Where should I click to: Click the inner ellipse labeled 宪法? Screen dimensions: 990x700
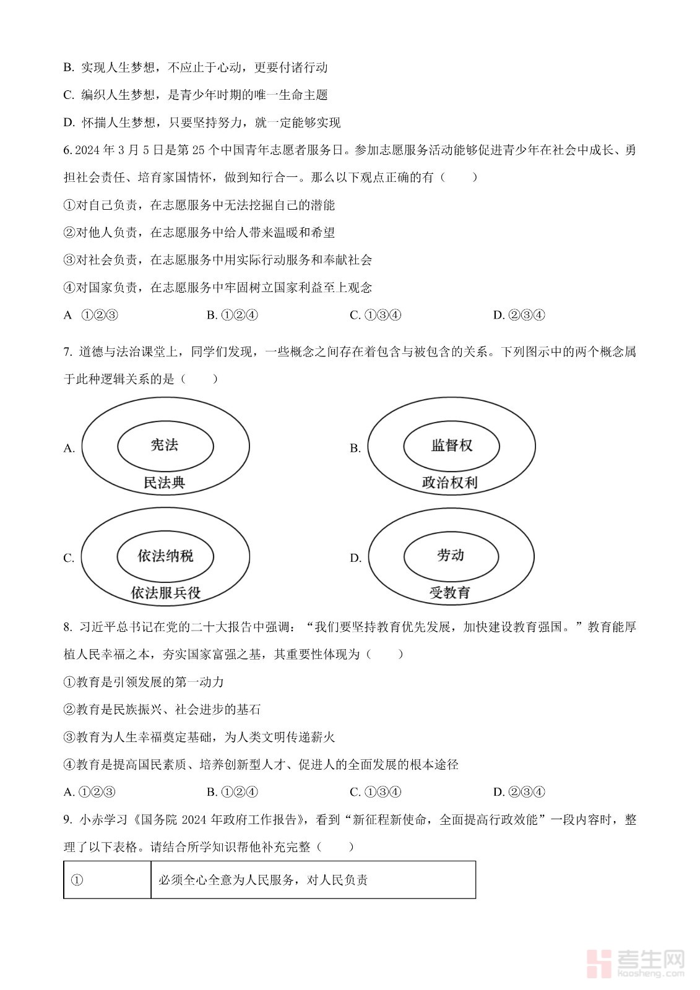tap(165, 445)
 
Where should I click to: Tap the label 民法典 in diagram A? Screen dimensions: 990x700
tap(164, 483)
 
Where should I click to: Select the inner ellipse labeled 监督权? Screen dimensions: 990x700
tap(451, 445)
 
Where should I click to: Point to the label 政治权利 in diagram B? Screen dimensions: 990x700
tap(450, 483)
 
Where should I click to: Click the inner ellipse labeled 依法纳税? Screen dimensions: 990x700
tap(165, 556)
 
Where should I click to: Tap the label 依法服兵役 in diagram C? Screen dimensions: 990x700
tap(166, 593)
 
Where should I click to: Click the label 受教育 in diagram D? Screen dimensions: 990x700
tap(450, 593)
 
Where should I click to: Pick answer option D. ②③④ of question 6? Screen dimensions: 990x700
tap(519, 315)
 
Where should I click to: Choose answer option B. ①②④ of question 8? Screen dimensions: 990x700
tap(232, 792)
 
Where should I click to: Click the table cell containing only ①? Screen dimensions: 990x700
tap(107, 880)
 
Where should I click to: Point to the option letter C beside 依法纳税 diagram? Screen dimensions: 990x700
tap(68, 558)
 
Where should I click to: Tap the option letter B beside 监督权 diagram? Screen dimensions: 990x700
tap(355, 448)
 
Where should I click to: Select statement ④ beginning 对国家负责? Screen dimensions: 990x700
tap(217, 287)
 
